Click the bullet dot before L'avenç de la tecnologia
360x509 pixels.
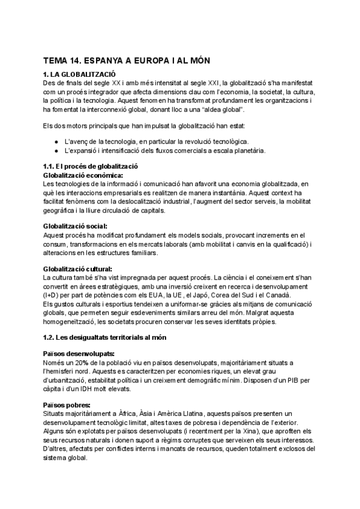tap(56, 140)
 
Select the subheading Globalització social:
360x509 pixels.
tap(75, 226)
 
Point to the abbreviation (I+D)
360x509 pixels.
tap(52, 295)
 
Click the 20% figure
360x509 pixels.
tap(82, 363)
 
